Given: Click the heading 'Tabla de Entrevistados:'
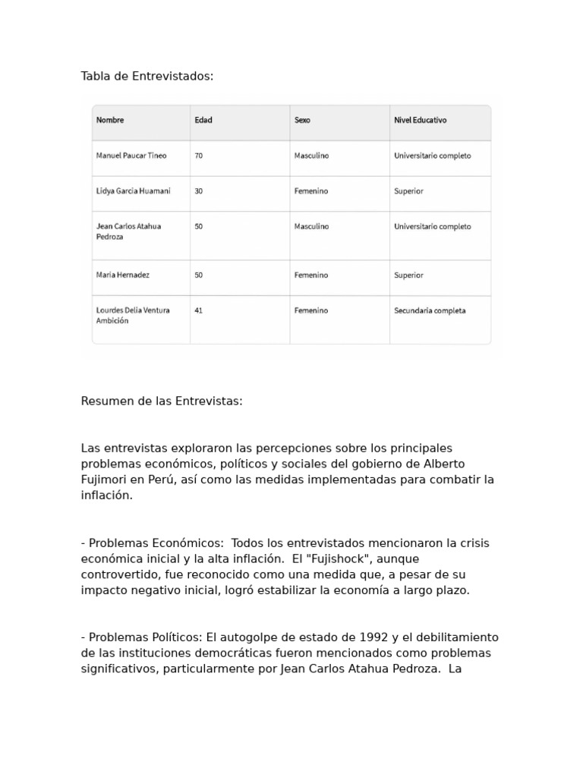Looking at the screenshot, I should (147, 76).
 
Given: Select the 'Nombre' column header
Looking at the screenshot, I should (110, 121).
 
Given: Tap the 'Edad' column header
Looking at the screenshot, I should (203, 121).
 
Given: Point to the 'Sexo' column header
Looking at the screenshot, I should (302, 121).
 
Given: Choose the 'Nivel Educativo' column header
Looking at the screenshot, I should (420, 121).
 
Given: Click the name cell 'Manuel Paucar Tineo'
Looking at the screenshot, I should (131, 156).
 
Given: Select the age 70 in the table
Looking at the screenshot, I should (199, 156).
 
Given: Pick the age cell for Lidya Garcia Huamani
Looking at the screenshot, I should (199, 191).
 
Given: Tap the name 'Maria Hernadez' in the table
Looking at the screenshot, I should (123, 275).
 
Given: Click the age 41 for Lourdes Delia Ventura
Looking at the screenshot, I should (199, 310).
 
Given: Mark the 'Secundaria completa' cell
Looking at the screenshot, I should (430, 310).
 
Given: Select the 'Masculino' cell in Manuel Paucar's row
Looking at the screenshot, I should (311, 156).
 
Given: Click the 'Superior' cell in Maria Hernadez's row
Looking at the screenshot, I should (408, 275).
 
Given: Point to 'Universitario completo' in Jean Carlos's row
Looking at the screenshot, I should (432, 226).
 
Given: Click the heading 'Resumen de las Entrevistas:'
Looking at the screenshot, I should (162, 401).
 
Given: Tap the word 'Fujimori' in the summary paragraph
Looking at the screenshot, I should (104, 480).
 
